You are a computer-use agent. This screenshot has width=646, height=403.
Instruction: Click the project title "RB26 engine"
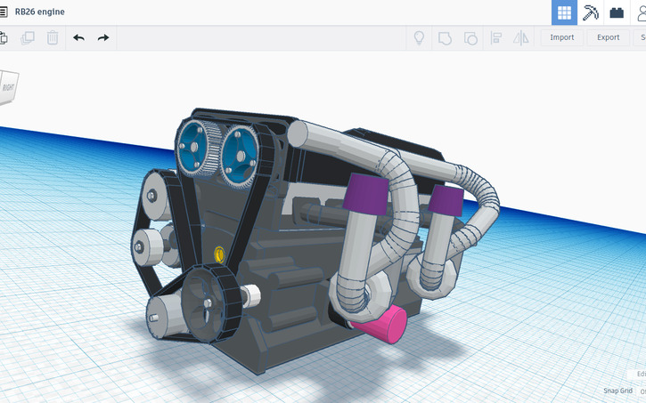click(39, 12)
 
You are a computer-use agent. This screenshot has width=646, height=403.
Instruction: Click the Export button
click(608, 37)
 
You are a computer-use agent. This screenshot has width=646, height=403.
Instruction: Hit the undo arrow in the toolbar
click(78, 37)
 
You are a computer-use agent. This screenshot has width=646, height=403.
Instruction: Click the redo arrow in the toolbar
click(103, 37)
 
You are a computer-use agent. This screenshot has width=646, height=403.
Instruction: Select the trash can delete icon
click(53, 37)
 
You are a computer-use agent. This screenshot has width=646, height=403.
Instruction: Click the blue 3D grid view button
click(563, 12)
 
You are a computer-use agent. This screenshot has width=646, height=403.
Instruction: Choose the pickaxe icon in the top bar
click(590, 12)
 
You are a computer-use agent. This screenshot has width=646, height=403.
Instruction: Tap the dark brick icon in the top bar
click(616, 12)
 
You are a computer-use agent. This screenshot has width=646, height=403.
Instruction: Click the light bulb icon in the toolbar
click(417, 37)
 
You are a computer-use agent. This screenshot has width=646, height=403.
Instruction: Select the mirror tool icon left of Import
click(521, 37)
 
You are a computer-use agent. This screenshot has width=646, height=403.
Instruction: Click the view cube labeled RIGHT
click(8, 86)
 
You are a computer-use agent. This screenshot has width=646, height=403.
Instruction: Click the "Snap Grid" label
click(617, 391)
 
